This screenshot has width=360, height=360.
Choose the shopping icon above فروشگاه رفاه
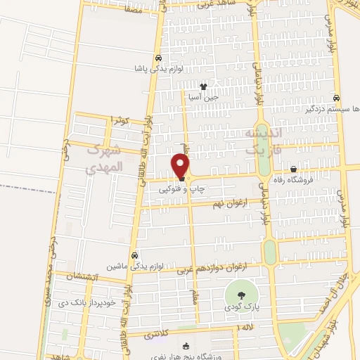293,169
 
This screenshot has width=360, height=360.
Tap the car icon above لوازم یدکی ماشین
134,256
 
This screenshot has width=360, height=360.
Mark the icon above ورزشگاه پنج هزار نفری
186,345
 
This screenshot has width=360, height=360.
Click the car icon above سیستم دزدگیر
337,98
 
